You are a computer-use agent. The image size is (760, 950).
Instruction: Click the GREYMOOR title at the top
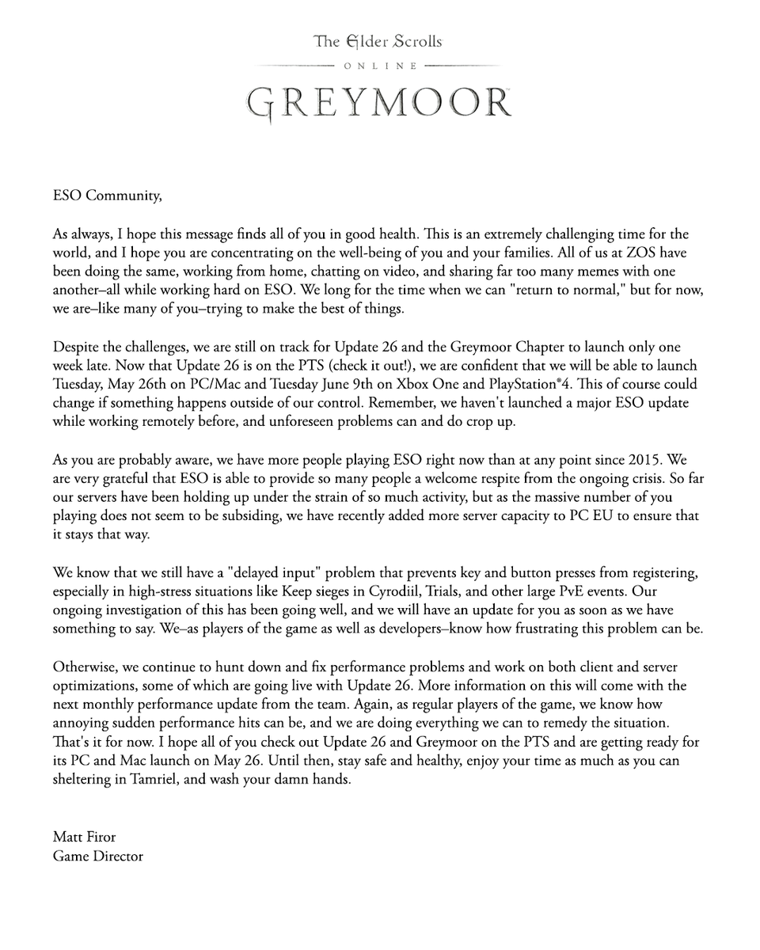tap(378, 101)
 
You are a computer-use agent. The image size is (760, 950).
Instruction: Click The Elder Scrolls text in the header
tap(378, 40)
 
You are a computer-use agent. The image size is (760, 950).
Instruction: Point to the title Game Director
tap(97, 856)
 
